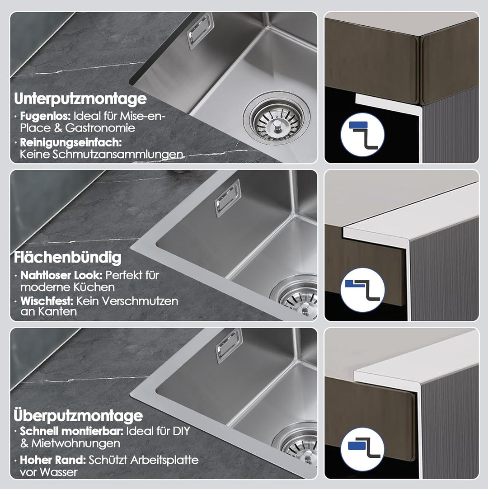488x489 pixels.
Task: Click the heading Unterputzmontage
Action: [80, 99]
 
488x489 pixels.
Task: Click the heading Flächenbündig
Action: [67, 258]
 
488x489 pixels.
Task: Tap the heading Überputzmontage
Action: [78, 416]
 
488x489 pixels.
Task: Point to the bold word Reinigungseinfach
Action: [71, 142]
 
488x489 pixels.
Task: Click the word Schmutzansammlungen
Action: [117, 155]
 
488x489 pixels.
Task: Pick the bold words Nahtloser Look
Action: [61, 275]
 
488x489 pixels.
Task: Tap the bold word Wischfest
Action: [47, 301]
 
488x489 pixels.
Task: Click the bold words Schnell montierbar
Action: [72, 431]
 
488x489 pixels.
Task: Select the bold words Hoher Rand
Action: [53, 460]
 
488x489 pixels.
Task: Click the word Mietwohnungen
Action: [76, 443]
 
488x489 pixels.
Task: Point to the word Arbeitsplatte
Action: [164, 460]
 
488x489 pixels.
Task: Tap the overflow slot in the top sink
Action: [200, 31]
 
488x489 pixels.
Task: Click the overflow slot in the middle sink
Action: [228, 198]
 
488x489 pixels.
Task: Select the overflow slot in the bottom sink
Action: [229, 346]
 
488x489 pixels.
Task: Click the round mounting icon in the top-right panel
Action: [362, 135]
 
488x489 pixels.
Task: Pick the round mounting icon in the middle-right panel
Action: [362, 290]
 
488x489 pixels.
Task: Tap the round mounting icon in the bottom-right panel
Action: [362, 449]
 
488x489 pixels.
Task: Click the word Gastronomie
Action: [100, 128]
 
